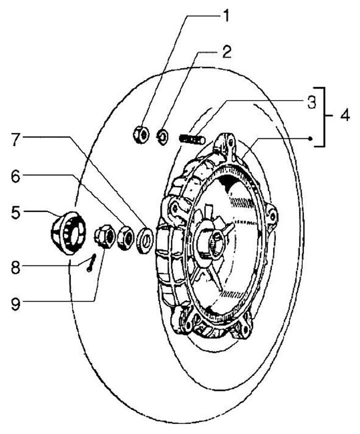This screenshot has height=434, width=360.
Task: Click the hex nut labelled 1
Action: tap(140, 134)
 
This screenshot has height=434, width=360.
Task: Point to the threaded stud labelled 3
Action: tap(190, 137)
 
